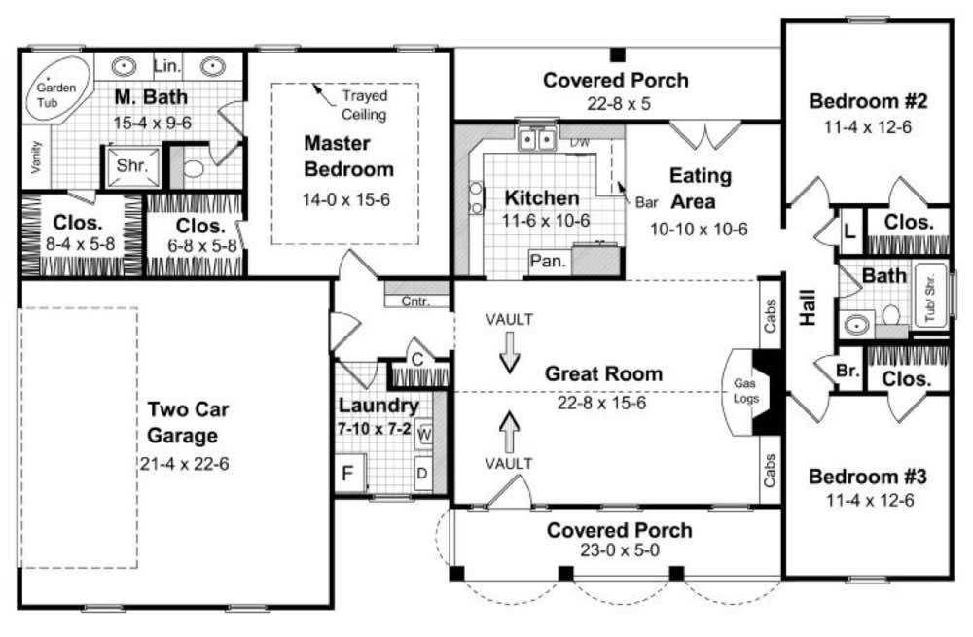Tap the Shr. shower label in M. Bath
tap(131, 165)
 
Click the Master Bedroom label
tap(348, 156)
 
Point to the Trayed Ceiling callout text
tap(364, 105)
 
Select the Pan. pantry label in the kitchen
tap(549, 261)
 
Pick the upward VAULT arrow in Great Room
tap(509, 426)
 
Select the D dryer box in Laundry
tap(423, 474)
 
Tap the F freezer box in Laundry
tap(347, 476)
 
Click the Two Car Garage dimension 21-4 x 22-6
tap(184, 462)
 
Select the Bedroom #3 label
tap(867, 478)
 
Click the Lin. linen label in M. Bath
tap(167, 66)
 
